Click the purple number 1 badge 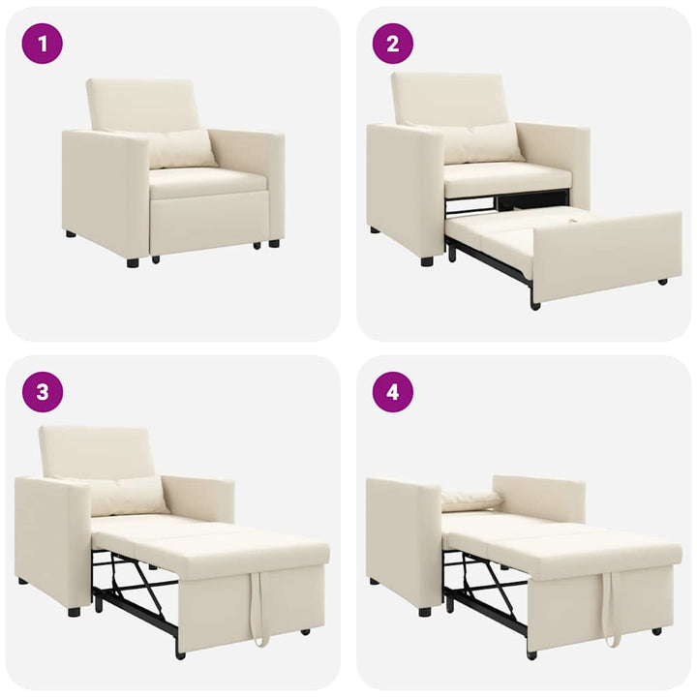pyautogui.click(x=42, y=44)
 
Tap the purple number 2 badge pyautogui.click(x=393, y=44)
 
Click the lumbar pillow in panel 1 pyautogui.click(x=181, y=149)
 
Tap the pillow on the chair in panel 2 pyautogui.click(x=481, y=142)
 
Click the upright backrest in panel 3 pyautogui.click(x=97, y=451)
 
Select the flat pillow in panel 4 pyautogui.click(x=471, y=500)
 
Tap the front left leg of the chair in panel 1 pyautogui.click(x=132, y=261)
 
